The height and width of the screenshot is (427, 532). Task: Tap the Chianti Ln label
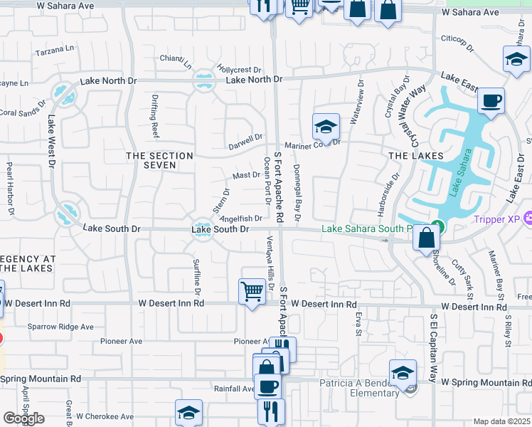coord(176,62)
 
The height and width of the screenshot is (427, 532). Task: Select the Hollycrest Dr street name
coord(240,70)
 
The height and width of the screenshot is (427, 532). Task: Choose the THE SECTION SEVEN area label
coord(159,160)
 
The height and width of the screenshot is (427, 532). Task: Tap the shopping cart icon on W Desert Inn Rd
coord(252,291)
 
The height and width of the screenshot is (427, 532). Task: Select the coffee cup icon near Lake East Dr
coord(490,100)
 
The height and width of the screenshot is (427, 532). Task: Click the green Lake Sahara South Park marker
coord(439,228)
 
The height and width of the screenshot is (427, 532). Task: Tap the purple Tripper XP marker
coord(528,218)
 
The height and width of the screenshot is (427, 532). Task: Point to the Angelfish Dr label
coord(242,219)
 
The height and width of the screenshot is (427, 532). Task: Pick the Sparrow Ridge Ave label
coord(60,327)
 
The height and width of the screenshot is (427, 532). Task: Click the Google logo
coord(23,418)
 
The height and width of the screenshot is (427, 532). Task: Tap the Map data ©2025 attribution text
coord(502,421)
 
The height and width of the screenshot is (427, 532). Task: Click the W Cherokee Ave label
coord(105,416)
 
